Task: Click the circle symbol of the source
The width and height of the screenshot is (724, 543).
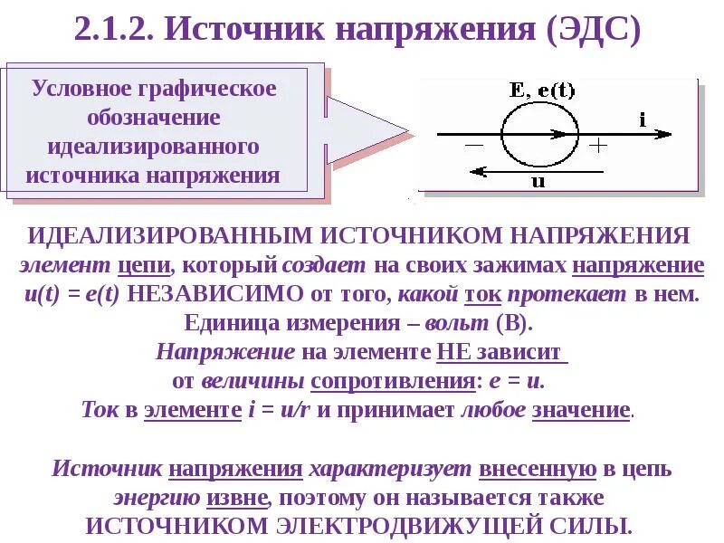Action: [539, 135]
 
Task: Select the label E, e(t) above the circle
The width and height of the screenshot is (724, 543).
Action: [542, 90]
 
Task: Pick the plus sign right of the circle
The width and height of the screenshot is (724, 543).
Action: [599, 144]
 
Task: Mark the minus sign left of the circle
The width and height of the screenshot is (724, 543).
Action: [474, 144]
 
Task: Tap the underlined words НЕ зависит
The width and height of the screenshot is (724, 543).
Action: [502, 352]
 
